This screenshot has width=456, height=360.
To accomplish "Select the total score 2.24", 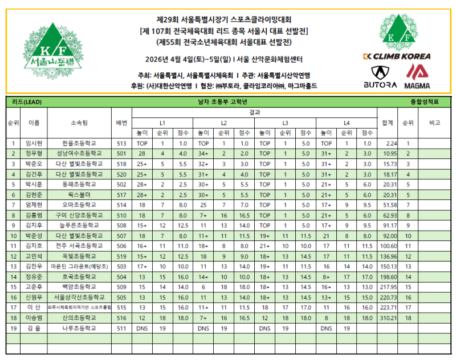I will coord(390,144).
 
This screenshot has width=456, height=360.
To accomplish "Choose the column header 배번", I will coord(121,123).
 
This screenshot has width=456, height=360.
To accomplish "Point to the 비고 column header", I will coord(435,123).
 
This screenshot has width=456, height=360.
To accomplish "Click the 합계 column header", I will coord(388,123).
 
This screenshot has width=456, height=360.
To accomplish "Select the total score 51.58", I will coord(390,204).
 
